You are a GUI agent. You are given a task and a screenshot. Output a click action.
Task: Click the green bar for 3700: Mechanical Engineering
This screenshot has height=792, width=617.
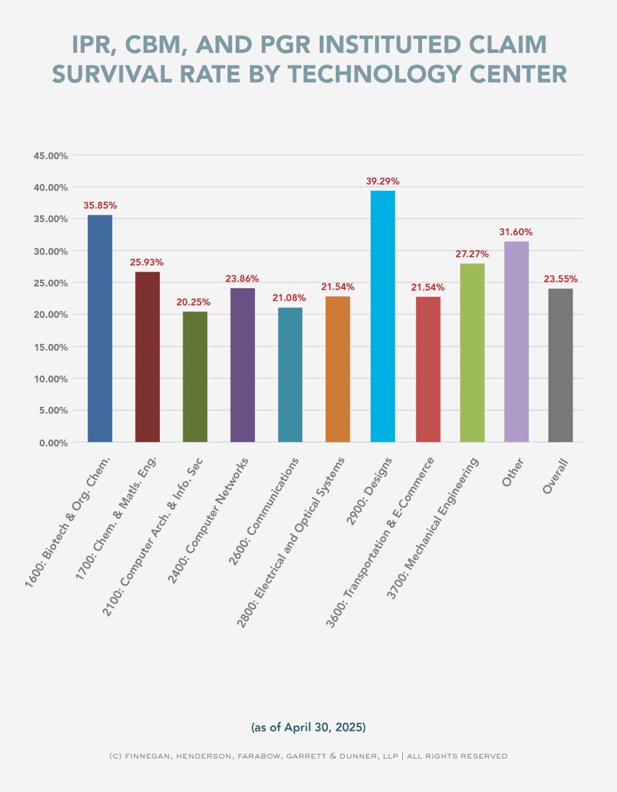pos(472,352)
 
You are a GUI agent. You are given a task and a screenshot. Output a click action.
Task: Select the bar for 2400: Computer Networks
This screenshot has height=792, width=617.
pos(242,365)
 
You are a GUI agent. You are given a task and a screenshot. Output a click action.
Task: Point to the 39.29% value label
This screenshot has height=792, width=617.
pos(383,181)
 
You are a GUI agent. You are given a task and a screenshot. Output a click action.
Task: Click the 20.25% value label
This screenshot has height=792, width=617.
pos(194,302)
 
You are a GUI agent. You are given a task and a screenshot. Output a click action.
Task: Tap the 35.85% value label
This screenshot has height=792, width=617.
pos(100,206)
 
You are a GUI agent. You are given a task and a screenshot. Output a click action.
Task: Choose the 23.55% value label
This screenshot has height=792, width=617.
pos(560,279)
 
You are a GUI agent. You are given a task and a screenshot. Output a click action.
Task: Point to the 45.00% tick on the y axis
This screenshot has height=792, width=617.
pos(50,156)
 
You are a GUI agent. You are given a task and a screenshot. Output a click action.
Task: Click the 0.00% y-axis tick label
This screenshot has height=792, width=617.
pos(52,443)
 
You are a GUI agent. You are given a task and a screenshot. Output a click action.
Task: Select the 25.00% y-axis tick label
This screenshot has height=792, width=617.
pos(50,283)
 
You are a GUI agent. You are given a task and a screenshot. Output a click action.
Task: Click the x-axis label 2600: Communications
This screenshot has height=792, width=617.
pos(264,510)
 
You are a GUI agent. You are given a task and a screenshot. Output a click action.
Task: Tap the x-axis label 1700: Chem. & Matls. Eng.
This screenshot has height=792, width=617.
pos(117,517)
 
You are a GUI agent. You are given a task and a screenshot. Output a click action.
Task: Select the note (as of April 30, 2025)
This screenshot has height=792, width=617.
pos(308,727)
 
